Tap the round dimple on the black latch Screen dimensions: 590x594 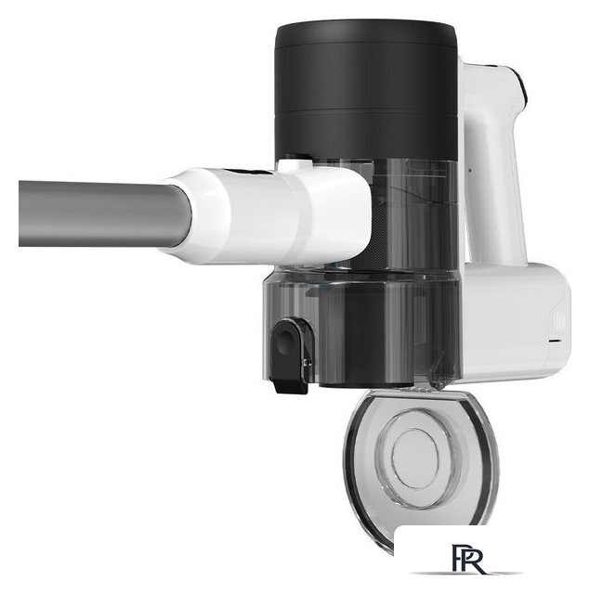(283, 342)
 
